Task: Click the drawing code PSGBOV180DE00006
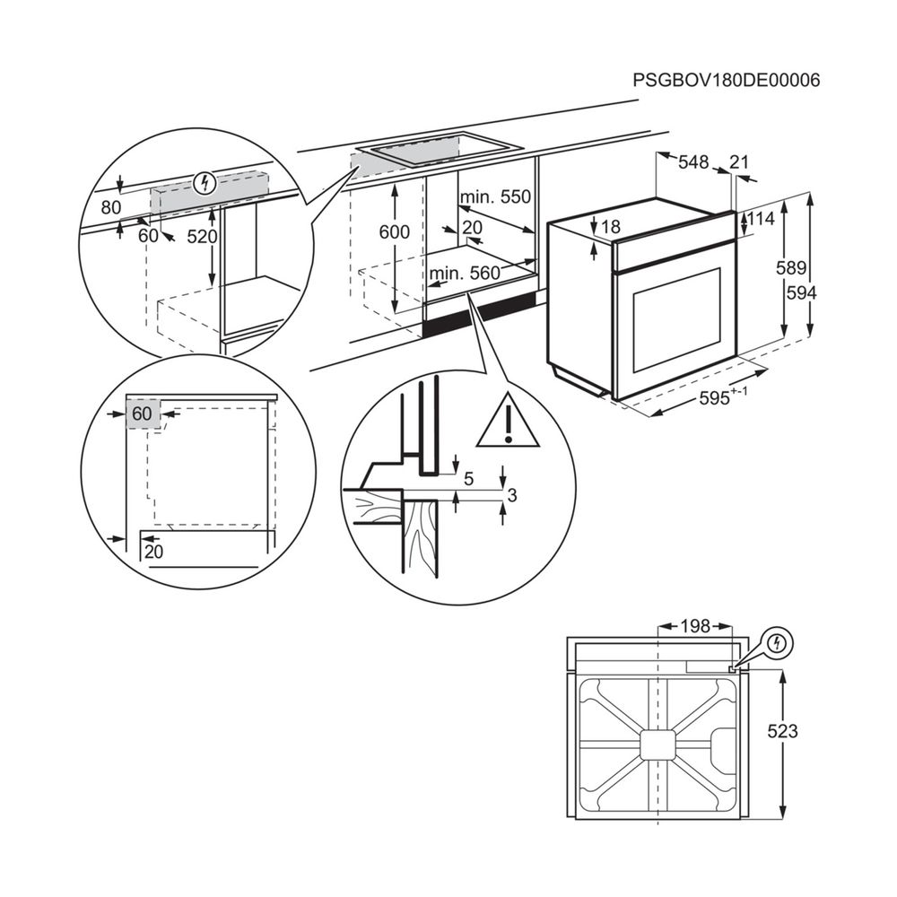click(x=727, y=80)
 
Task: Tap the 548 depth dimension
click(x=693, y=162)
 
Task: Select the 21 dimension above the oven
click(x=739, y=162)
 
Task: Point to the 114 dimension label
click(x=762, y=219)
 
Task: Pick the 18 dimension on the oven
click(x=610, y=228)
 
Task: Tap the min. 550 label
click(x=495, y=197)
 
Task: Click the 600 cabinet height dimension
click(x=394, y=232)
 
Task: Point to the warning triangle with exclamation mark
click(x=508, y=422)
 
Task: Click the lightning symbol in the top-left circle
click(x=206, y=184)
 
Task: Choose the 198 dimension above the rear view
click(x=695, y=625)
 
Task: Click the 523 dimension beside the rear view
click(x=782, y=731)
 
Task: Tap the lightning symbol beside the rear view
click(x=778, y=643)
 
